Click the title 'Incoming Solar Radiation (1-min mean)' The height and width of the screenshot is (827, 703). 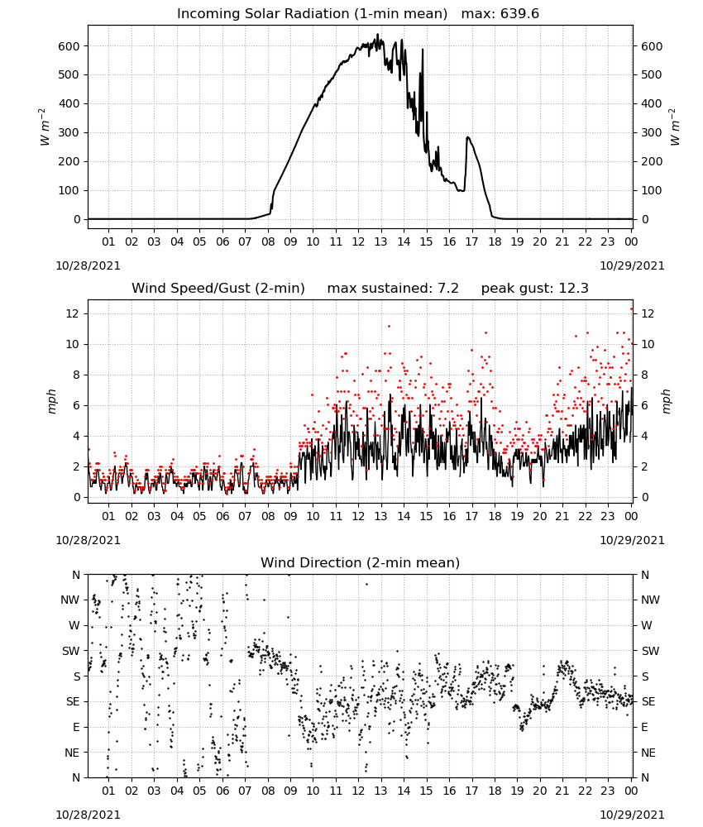(312, 13)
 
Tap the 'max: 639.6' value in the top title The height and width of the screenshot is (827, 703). (500, 13)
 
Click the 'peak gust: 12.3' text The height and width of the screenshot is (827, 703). (535, 288)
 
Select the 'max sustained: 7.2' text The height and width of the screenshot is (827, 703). (393, 288)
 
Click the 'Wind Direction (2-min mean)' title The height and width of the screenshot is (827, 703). (361, 562)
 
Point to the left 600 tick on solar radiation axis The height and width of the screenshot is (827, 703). (69, 46)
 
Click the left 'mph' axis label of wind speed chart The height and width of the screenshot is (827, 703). (51, 401)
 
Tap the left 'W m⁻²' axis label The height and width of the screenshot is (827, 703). (45, 127)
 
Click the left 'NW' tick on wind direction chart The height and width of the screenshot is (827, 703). (70, 600)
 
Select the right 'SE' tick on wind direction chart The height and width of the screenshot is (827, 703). (648, 701)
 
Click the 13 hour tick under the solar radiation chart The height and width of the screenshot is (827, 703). (380, 241)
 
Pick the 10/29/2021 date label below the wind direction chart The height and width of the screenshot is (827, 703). (632, 815)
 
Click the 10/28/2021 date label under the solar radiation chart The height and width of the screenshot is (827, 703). (88, 265)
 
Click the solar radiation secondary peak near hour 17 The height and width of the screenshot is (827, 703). (467, 137)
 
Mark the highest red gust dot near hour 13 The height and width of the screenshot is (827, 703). (390, 327)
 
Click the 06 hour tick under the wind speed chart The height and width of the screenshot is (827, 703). (222, 516)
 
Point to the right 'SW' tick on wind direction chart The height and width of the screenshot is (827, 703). (650, 651)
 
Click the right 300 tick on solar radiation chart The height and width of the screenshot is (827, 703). (652, 133)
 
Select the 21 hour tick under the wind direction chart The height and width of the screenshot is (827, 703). (562, 791)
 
